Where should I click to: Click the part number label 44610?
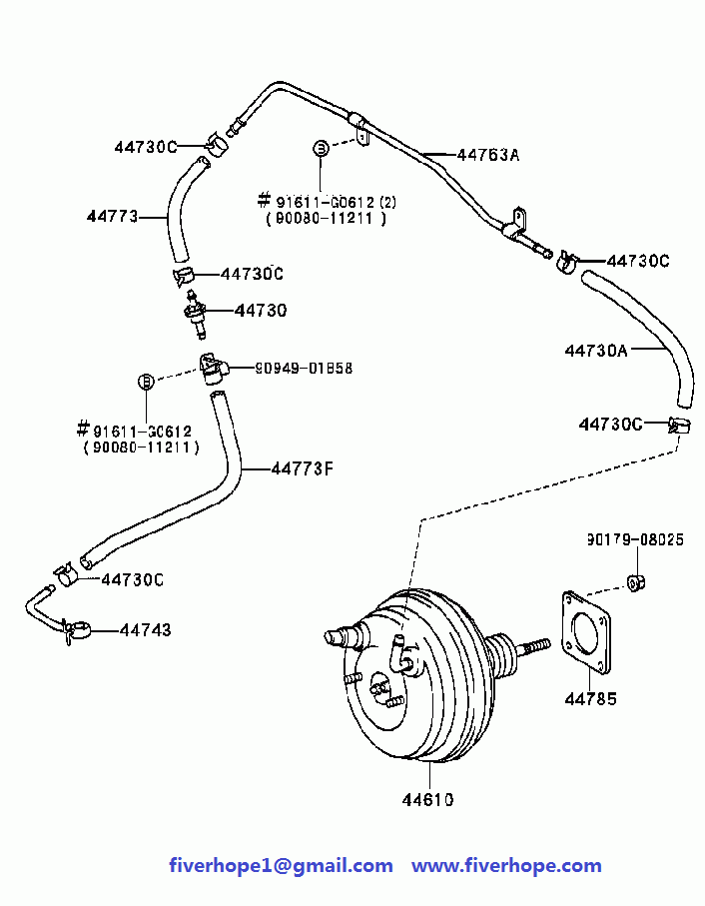pos(427,800)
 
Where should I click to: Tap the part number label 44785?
pos(591,699)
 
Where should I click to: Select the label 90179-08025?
pos(635,539)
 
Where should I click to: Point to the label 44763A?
pos(488,155)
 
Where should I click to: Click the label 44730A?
pos(596,351)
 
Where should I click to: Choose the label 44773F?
pos(303,468)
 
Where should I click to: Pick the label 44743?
pos(146,630)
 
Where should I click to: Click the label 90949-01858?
pos(304,368)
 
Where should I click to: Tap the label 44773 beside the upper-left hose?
pos(113,216)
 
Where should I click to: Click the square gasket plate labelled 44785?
pos(586,632)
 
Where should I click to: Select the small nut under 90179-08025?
pos(636,582)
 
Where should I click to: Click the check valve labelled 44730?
pos(195,314)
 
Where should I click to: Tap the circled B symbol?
pos(147,382)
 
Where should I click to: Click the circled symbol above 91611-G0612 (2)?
pos(321,148)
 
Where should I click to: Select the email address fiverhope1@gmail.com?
pos(282,866)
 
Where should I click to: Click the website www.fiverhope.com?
pos(506,866)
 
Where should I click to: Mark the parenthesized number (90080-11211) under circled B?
pos(142,448)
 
